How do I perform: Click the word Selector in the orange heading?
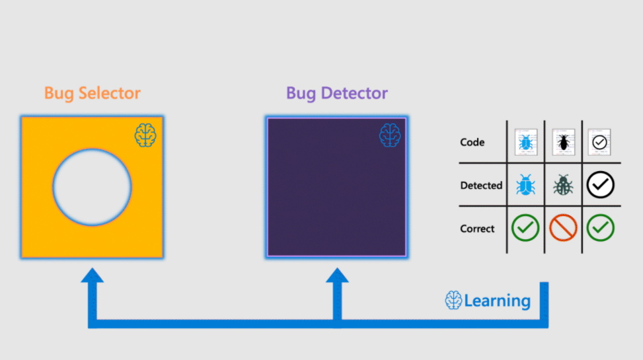[110, 93]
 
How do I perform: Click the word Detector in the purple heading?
[354, 93]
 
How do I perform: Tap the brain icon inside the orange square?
[145, 135]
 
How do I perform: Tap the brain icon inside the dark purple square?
[390, 135]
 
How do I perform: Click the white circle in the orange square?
[92, 187]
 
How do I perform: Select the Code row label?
[472, 142]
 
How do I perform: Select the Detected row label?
[481, 186]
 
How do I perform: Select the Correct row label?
[477, 229]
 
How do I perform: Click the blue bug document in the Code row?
[526, 142]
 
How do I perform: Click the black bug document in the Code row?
[564, 142]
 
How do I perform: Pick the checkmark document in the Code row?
[599, 142]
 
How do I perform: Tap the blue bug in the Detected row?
[526, 185]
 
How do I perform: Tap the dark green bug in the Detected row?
[563, 185]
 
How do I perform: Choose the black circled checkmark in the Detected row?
[600, 185]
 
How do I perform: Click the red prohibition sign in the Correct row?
[563, 228]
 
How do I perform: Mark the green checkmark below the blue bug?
[525, 228]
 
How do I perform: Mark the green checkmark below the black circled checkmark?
[600, 228]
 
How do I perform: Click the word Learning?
[497, 301]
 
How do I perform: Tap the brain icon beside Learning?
[453, 300]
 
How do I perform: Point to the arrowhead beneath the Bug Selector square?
[93, 275]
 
